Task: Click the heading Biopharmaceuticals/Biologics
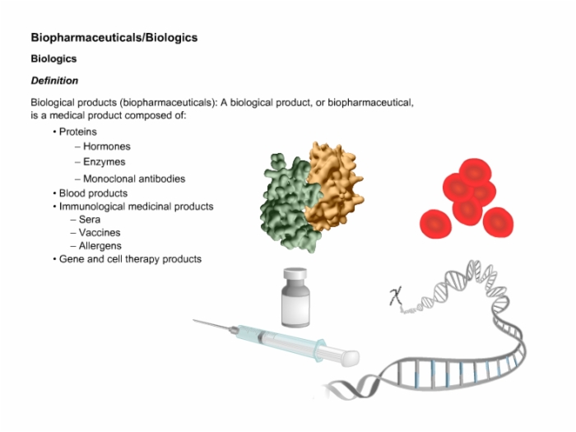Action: pos(114,38)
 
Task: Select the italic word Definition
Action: pos(54,81)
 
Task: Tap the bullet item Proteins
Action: pos(78,132)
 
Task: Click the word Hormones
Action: pos(107,146)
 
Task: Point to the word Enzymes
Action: pos(105,162)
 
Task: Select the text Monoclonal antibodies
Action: pos(134,179)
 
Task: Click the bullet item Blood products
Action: pos(93,193)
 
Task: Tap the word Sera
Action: pos(90,220)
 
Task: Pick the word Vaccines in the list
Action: pos(100,233)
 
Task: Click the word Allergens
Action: pos(100,246)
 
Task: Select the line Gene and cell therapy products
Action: pos(130,259)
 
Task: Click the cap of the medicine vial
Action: pos(295,274)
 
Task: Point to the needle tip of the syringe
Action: pos(193,320)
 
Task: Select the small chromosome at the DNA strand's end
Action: pos(396,296)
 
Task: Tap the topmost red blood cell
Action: pos(475,172)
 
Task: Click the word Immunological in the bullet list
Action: pos(91,207)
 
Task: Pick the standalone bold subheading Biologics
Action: pos(53,58)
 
